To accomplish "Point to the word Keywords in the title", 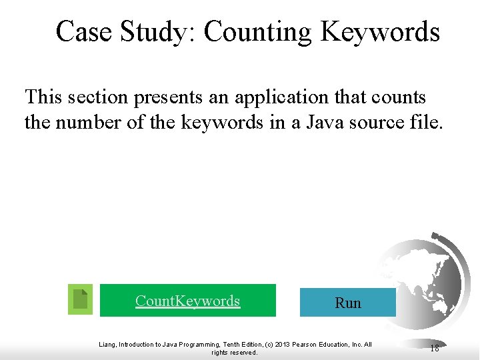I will click(x=380, y=31).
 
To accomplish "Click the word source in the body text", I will click(x=377, y=123).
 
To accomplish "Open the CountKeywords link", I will click(x=187, y=301).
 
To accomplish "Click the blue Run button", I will click(x=347, y=303).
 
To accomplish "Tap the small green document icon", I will click(x=81, y=299).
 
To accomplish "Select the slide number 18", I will click(x=435, y=347).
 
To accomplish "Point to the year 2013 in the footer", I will click(x=283, y=345).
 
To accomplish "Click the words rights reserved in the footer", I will click(x=234, y=353).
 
